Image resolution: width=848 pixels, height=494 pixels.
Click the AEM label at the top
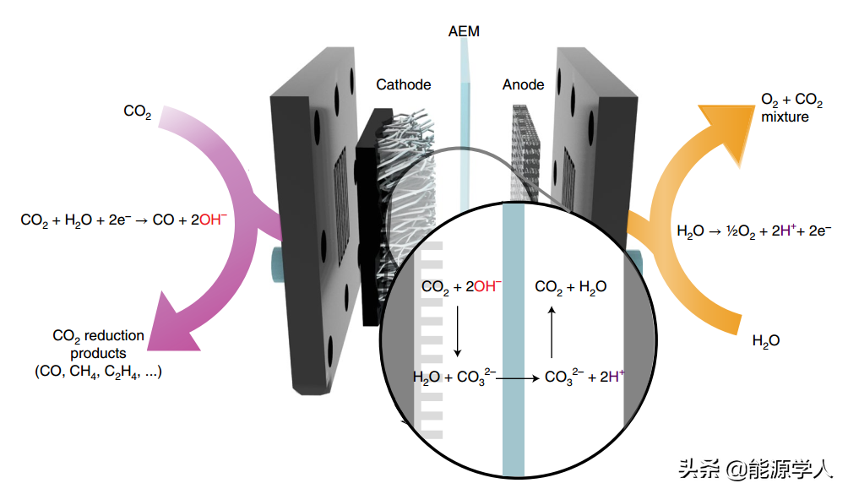point(464,32)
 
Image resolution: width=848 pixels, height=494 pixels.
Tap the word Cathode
point(403,84)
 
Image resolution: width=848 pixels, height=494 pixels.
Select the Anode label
point(523,84)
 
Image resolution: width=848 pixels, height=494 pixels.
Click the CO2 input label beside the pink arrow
point(137,111)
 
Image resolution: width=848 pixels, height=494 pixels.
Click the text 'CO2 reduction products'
point(98,344)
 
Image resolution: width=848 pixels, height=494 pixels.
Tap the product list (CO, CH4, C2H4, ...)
point(98,371)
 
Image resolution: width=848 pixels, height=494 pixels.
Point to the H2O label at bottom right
point(765,341)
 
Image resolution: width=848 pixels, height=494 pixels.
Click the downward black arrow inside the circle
point(457,330)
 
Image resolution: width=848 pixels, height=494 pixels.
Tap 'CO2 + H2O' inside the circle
point(570,287)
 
